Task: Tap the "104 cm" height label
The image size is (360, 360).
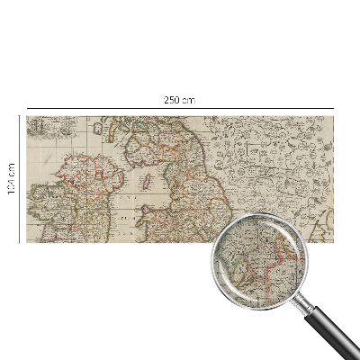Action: point(11,178)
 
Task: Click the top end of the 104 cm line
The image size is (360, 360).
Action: point(19,116)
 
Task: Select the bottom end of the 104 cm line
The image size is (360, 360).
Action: point(19,241)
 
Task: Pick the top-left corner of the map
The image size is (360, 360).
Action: point(26,116)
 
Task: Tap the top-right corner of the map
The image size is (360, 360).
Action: point(335,116)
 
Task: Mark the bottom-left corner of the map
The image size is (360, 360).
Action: point(26,241)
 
